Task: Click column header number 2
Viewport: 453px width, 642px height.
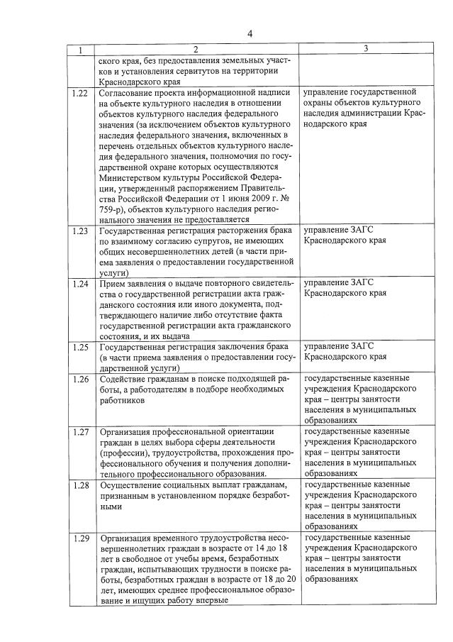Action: [x=195, y=50]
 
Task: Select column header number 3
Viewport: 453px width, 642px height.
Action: [x=366, y=49]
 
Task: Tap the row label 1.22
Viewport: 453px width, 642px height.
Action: [x=80, y=92]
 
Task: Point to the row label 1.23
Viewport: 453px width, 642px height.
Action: [x=80, y=231]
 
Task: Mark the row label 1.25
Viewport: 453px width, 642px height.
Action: [x=80, y=346]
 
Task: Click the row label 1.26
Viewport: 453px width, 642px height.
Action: [x=80, y=379]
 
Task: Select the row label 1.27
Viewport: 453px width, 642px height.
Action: [x=80, y=431]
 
